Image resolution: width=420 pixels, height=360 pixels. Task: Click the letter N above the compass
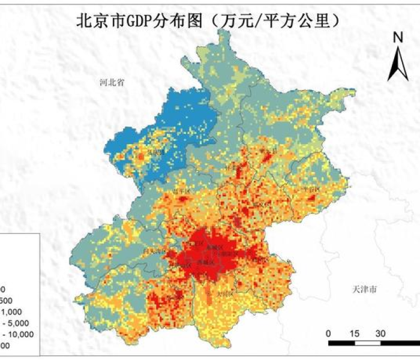click(x=397, y=38)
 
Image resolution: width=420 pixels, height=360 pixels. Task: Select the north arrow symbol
click(x=397, y=65)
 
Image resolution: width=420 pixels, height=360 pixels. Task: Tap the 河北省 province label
click(x=112, y=83)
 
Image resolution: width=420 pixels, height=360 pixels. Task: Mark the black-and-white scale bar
click(x=372, y=344)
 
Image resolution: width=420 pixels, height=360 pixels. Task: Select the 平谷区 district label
click(x=311, y=188)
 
